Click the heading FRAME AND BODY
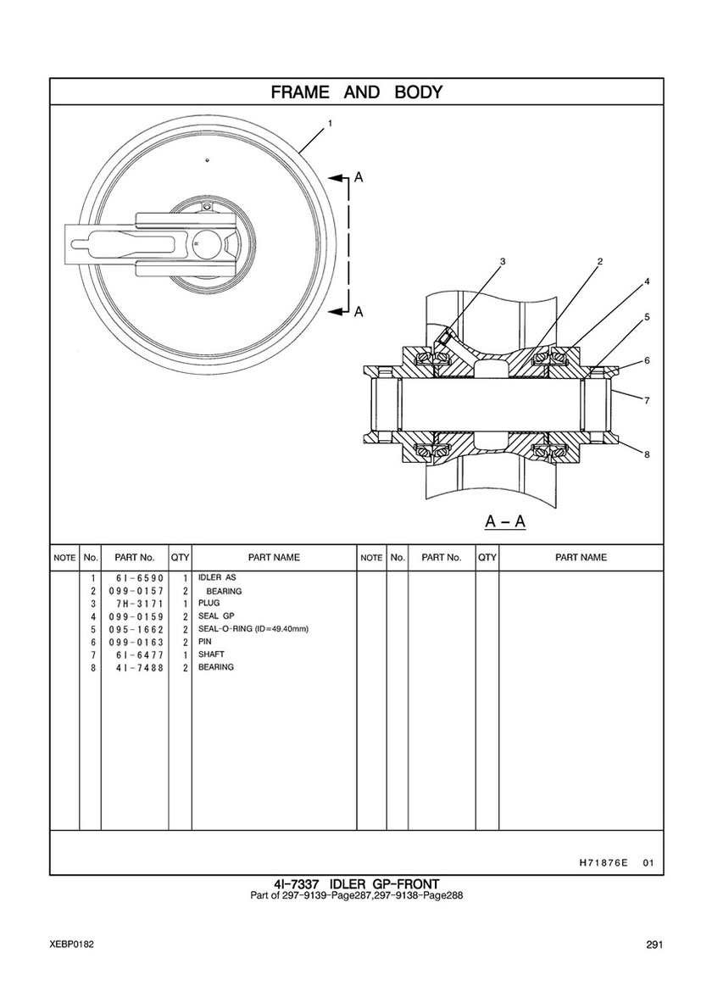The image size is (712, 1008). tap(356, 92)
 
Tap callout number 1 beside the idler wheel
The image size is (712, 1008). tap(330, 124)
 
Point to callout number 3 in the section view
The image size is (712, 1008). tap(502, 261)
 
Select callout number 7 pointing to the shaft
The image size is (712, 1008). tap(647, 400)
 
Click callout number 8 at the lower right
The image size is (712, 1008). tap(647, 454)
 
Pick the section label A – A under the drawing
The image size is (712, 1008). tap(505, 521)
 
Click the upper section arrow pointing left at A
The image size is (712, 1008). tap(339, 178)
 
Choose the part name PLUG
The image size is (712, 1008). tap(209, 604)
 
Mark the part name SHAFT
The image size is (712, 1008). tap(211, 654)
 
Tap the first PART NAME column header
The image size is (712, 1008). tap(274, 558)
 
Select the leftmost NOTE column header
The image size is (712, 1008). tap(64, 559)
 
